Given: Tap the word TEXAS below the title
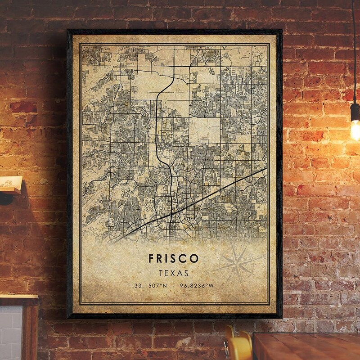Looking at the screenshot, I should (173, 273).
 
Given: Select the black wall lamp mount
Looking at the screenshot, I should (5, 198).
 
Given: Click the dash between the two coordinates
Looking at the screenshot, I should (173, 285).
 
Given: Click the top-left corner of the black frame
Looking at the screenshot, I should (68, 31).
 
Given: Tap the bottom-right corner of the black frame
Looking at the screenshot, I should (282, 318).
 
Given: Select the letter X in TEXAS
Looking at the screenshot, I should (173, 273).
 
